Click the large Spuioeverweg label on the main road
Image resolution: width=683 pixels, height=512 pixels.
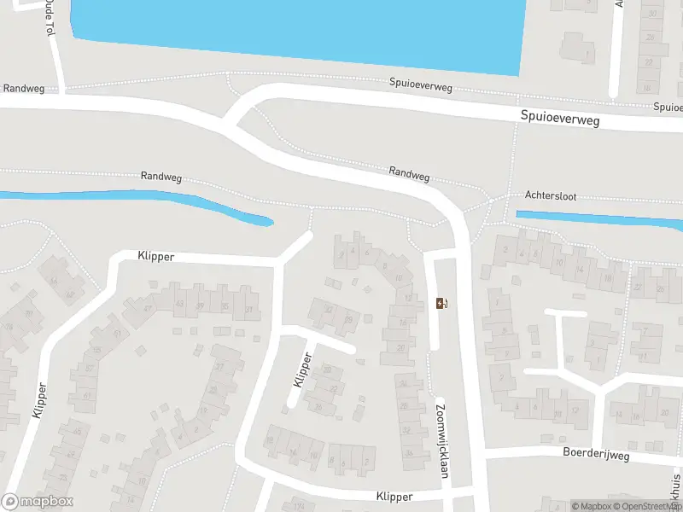pos(560,120)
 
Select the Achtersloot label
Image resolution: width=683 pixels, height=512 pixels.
pos(552,196)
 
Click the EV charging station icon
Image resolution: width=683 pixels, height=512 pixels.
pos(441,303)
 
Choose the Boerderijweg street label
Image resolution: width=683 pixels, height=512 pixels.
pos(595,455)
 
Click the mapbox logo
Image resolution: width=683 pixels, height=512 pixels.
pos(38,502)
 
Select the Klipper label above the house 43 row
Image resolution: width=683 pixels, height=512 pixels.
pos(155,255)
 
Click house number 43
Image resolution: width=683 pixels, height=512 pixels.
pos(179,304)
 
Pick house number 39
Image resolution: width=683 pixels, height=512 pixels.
pos(201,305)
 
